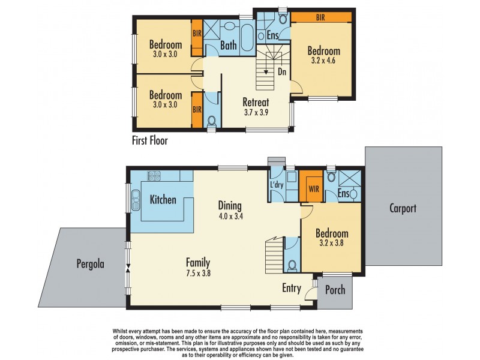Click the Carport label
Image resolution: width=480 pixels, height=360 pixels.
[403, 209]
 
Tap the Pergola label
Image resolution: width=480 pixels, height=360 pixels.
[91, 263]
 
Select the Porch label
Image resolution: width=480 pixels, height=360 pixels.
[335, 290]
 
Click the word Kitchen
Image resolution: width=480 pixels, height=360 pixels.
[163, 199]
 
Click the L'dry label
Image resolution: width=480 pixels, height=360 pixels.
[277, 184]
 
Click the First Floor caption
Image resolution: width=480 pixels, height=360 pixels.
[149, 141]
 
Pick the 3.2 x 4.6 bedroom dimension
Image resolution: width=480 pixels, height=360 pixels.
[324, 62]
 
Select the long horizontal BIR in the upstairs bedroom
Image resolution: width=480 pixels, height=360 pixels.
[321, 18]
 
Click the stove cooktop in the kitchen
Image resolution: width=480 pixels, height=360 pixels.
[154, 176]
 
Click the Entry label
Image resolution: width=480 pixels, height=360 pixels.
[292, 288]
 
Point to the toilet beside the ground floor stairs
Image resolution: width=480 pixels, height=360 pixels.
[292, 265]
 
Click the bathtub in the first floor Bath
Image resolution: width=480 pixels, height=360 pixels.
[246, 37]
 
